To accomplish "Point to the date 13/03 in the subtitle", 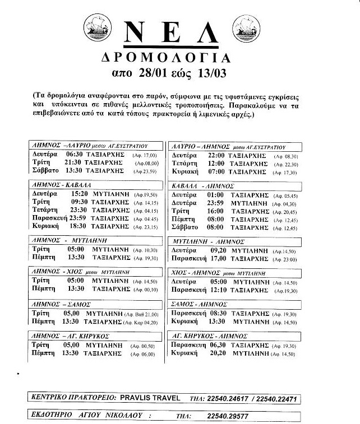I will click(218, 73).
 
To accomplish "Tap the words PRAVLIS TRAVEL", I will click(151, 398).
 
